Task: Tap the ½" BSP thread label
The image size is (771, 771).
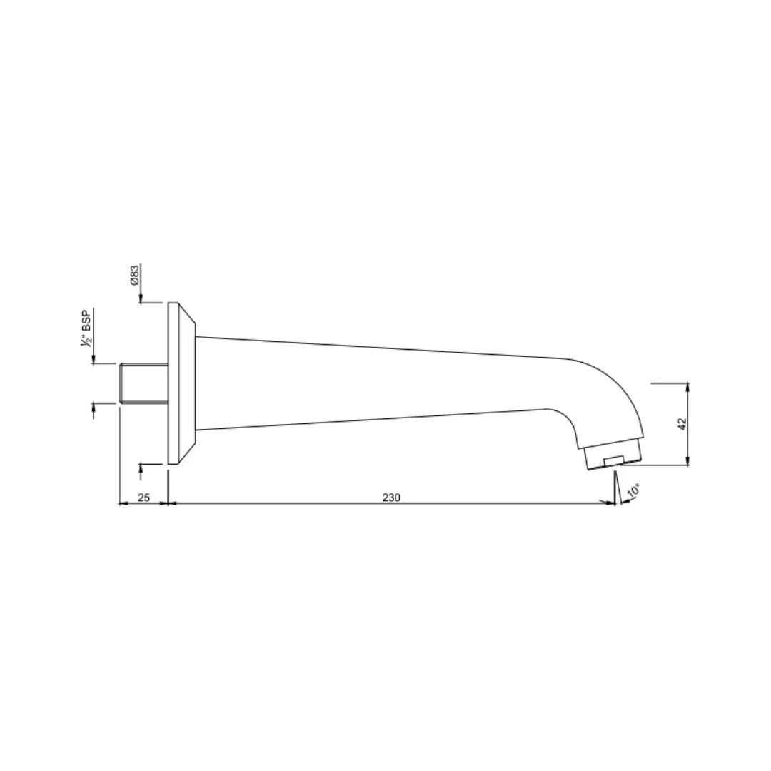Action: [86, 328]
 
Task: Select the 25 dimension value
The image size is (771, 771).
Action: [143, 498]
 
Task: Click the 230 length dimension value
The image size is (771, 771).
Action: [391, 498]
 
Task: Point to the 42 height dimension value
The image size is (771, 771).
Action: [682, 425]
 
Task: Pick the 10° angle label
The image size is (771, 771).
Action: [633, 491]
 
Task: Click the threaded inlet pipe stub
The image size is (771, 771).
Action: [143, 383]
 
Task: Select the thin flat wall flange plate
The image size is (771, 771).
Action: [173, 383]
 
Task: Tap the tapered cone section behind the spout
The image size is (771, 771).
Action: [187, 383]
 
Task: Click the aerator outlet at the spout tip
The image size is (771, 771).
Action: [613, 456]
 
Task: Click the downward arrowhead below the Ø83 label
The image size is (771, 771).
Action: [141, 298]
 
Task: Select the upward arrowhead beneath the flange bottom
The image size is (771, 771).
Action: [141, 468]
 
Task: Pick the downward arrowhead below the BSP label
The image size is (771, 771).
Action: [94, 358]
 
